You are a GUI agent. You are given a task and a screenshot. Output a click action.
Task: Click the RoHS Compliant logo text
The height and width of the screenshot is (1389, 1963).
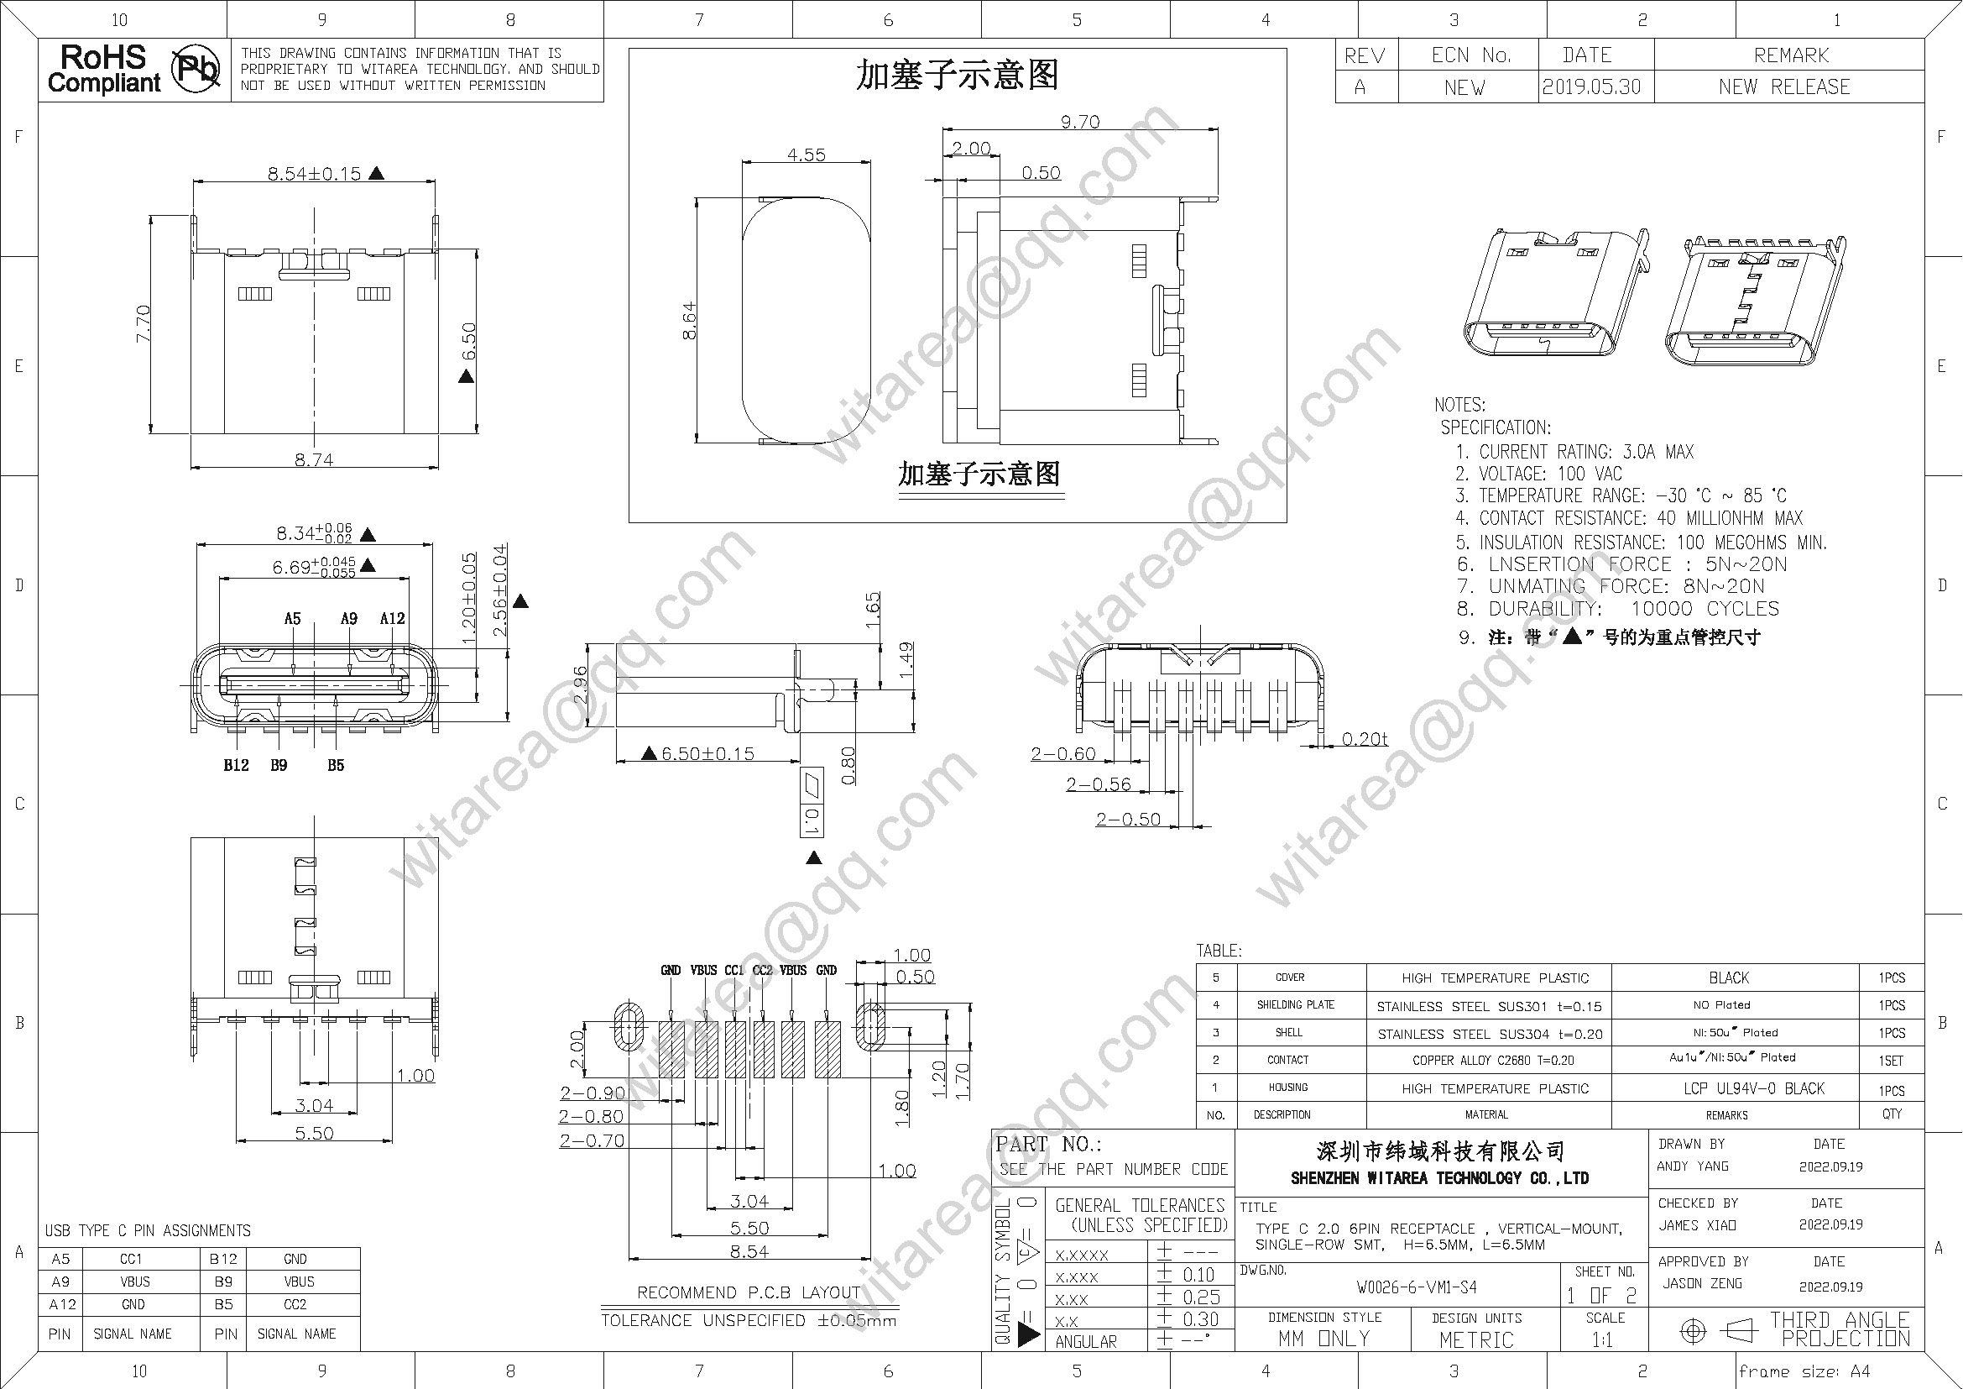click(x=103, y=69)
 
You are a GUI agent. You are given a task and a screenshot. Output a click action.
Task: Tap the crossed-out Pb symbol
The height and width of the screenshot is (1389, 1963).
click(x=196, y=69)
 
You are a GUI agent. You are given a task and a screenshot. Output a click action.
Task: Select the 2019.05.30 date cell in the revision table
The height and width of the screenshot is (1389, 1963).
click(x=1591, y=87)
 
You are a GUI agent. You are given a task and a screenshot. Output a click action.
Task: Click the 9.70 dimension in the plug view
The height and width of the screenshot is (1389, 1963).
click(x=1080, y=123)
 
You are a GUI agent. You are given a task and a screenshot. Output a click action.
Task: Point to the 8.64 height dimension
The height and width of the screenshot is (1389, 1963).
click(x=689, y=321)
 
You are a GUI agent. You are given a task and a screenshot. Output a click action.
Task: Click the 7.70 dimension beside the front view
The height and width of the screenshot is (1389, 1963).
click(x=144, y=323)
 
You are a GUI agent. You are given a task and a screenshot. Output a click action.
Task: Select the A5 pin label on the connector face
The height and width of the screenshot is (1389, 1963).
click(x=292, y=618)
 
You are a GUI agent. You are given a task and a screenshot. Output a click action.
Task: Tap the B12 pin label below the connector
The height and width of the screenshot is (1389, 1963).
click(x=236, y=766)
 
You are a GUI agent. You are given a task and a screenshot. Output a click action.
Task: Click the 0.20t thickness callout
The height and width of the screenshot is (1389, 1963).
click(x=1365, y=739)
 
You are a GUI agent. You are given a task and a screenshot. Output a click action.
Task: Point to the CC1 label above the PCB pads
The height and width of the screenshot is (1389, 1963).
click(x=734, y=970)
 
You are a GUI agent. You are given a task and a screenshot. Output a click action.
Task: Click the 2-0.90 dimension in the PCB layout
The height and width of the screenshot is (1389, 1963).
click(x=592, y=1093)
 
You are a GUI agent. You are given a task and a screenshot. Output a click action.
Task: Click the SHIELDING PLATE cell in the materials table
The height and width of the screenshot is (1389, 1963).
click(x=1295, y=1005)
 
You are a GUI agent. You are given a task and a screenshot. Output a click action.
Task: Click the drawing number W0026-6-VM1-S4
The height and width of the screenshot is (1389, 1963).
click(x=1416, y=1287)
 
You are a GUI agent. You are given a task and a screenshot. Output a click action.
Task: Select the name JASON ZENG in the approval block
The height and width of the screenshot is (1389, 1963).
click(x=1701, y=1284)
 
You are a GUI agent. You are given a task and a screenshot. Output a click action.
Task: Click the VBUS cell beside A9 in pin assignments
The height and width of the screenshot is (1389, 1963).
click(x=134, y=1282)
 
